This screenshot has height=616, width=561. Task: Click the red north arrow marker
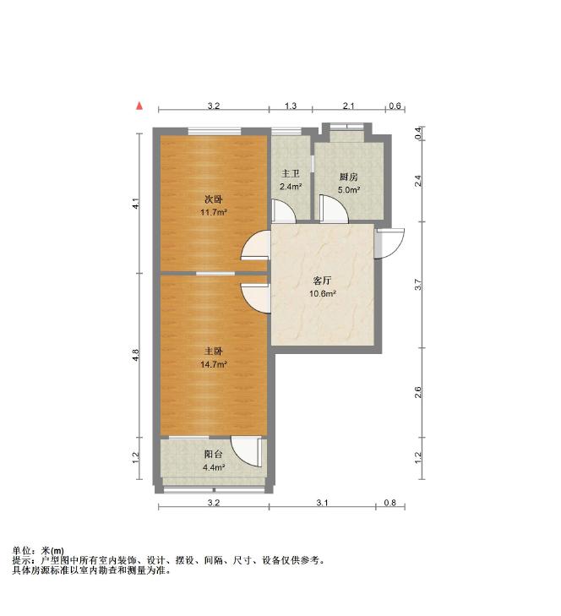(139, 106)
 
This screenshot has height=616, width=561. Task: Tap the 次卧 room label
(213, 199)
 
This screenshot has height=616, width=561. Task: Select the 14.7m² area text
(213, 364)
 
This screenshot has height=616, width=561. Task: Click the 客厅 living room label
(322, 281)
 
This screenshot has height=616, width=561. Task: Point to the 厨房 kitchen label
(349, 177)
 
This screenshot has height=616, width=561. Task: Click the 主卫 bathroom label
(291, 173)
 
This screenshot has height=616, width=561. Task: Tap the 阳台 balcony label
(213, 454)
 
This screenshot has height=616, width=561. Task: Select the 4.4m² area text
(213, 467)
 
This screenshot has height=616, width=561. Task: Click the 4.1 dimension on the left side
(135, 204)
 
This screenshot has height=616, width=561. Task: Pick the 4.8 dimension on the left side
(135, 355)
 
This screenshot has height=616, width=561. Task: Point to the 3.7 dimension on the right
(418, 285)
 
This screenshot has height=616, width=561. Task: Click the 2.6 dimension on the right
(418, 392)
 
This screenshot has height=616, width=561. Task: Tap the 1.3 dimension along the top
(291, 106)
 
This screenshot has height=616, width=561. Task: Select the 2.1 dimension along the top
(349, 106)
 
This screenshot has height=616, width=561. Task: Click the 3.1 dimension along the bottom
(322, 503)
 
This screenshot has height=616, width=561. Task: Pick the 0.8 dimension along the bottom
(390, 503)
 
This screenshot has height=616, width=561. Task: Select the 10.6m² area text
(322, 294)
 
